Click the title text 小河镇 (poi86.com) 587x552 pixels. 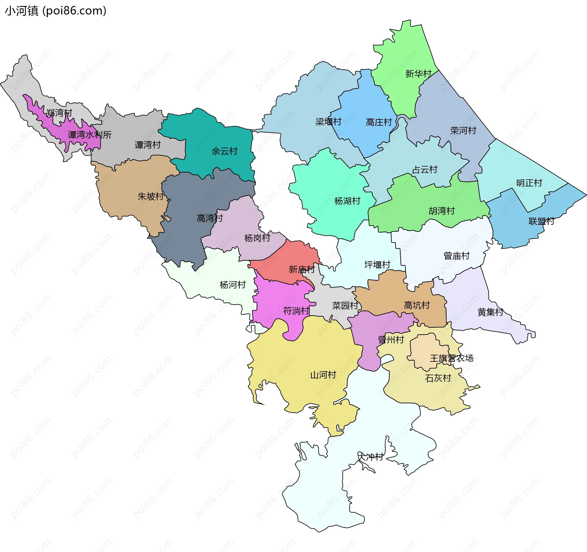tap(56, 11)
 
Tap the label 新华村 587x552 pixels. tap(418, 74)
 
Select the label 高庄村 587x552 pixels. tap(379, 122)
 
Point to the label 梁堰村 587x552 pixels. tap(328, 122)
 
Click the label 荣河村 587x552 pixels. tap(463, 131)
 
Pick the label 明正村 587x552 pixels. tap(529, 183)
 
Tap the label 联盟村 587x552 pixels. tap(541, 221)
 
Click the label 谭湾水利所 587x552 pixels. tap(90, 135)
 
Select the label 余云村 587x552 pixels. tap(224, 151)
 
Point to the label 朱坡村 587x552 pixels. tap(150, 196)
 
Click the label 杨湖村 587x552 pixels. tap(347, 201)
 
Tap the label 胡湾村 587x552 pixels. tap(441, 211)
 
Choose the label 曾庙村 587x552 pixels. tap(456, 256)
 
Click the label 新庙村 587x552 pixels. tap(301, 269)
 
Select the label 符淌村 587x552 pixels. tap(296, 311)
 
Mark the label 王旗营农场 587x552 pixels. tap(452, 358)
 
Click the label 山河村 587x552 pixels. tap(323, 375)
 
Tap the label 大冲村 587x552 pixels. tap(371, 457)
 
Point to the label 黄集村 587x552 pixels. tap(490, 312)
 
